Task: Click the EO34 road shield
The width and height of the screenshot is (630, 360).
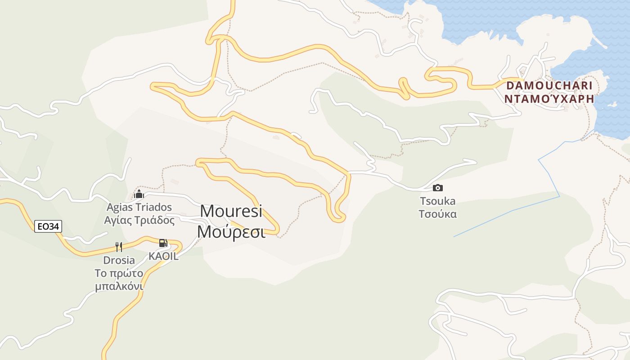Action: point(48,226)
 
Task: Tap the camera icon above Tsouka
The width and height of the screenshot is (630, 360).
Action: point(437,188)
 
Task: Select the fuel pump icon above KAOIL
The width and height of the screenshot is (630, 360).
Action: point(163,243)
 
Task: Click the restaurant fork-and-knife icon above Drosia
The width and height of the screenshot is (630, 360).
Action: point(119,247)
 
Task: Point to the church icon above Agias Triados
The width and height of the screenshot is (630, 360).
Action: point(139,194)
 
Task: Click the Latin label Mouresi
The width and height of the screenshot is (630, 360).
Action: point(231,211)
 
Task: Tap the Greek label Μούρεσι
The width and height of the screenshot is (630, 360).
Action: point(231,232)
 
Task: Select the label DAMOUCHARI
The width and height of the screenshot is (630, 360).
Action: point(549,85)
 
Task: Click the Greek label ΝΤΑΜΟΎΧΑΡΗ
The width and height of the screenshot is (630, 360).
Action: point(549,99)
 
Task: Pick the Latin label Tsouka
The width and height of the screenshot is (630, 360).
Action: point(437,201)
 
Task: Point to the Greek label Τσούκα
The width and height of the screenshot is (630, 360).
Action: point(437,214)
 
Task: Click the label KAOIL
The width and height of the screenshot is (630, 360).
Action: point(164,256)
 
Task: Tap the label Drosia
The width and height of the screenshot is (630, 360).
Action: point(119,260)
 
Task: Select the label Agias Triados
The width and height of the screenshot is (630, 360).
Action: point(139,207)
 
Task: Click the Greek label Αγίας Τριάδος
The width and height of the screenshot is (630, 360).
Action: point(139,220)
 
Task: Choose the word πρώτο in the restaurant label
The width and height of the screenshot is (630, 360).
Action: point(126,274)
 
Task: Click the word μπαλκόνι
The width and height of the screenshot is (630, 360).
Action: point(119,287)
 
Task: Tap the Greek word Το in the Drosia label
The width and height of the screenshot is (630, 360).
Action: point(100,274)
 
